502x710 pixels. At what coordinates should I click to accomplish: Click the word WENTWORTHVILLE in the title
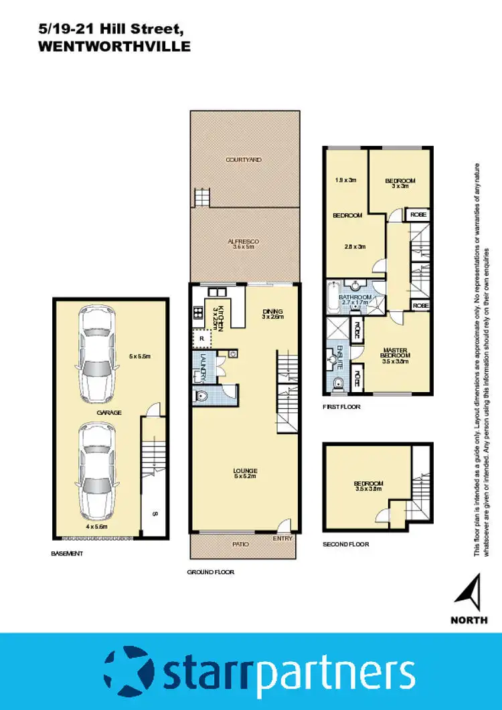(x=114, y=47)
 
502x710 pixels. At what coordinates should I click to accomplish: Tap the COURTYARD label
(x=243, y=160)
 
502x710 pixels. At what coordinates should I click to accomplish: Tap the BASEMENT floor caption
(x=67, y=553)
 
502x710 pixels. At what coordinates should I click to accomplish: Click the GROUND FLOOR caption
(x=210, y=572)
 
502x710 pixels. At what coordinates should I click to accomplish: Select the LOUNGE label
(x=246, y=471)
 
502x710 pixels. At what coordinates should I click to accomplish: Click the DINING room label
(x=273, y=311)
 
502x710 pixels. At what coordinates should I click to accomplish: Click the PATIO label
(x=240, y=545)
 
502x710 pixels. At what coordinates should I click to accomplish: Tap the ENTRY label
(x=283, y=538)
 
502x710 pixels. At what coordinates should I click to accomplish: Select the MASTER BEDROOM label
(x=395, y=353)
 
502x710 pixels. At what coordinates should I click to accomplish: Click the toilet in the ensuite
(x=337, y=382)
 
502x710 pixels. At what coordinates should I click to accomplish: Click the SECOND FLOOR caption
(x=345, y=544)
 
